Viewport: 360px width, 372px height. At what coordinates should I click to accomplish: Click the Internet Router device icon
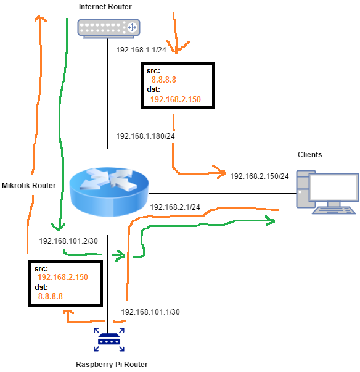(x=108, y=27)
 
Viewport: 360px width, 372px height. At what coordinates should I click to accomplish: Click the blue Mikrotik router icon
(x=108, y=191)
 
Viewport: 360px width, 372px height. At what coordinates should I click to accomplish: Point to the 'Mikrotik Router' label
(x=29, y=185)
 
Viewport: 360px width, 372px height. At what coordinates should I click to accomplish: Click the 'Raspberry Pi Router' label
(x=112, y=365)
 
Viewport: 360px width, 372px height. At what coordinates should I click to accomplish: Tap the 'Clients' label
(x=309, y=155)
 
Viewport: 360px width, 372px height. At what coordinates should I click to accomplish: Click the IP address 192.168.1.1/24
(x=141, y=49)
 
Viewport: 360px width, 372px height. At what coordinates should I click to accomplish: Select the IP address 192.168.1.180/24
(x=145, y=136)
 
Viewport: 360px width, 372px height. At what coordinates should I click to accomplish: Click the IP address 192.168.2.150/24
(x=260, y=176)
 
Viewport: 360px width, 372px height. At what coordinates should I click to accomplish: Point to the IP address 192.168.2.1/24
(x=174, y=207)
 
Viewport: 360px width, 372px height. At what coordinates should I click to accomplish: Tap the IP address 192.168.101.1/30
(x=150, y=312)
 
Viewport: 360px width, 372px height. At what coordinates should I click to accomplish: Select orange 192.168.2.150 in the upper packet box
(x=176, y=99)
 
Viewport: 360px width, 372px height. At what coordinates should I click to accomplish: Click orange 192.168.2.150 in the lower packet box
(x=63, y=278)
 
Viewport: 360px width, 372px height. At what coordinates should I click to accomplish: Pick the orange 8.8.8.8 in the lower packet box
(x=51, y=296)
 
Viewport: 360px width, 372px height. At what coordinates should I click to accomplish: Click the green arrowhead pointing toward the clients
(x=270, y=220)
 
